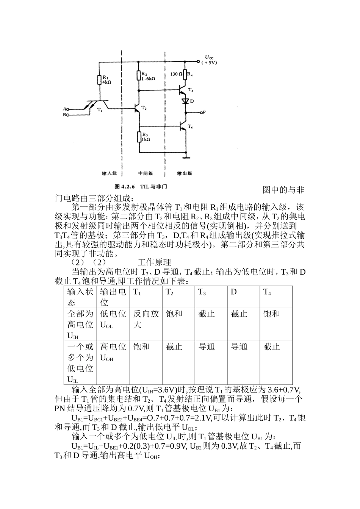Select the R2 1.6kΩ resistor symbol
[x=139, y=75]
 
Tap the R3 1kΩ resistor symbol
[x=139, y=136]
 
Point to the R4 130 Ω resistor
[x=185, y=74]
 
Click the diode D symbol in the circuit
[x=185, y=101]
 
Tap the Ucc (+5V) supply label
[x=209, y=61]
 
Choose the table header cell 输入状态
[x=80, y=297]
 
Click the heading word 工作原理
[x=155, y=262]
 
